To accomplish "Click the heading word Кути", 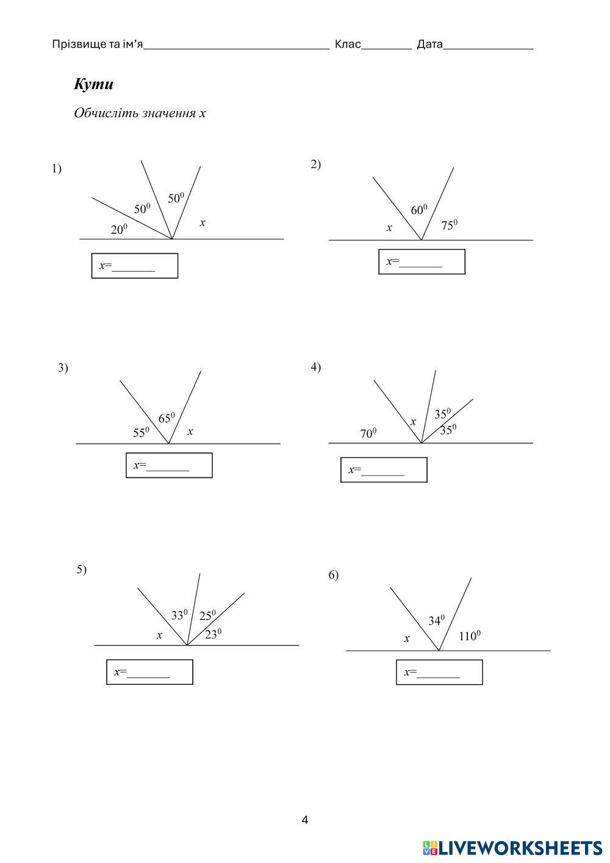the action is tap(93, 84).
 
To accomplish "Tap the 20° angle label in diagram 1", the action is tap(118, 229).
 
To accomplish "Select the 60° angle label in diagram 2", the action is tap(419, 209).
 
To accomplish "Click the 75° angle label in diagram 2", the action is tap(450, 225).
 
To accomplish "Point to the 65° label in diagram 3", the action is tap(167, 417).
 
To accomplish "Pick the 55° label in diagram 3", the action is tap(141, 432).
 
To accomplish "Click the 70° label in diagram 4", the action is tap(368, 433).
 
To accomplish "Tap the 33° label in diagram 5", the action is tap(179, 615).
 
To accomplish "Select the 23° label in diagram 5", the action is tap(213, 634).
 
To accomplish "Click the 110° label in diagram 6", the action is tap(470, 636).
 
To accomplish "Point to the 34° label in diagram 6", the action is tap(436, 620).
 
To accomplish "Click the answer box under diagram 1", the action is tap(135, 265).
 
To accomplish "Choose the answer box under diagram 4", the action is tap(384, 469).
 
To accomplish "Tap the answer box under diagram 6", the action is tap(439, 673).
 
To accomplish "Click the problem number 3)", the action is tap(63, 368).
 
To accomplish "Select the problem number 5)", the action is tap(82, 569).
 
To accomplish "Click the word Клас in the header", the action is tap(348, 45).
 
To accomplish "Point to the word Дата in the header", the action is tap(430, 45).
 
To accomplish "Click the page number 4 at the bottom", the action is tap(305, 820).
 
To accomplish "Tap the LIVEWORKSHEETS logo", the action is tap(512, 848).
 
